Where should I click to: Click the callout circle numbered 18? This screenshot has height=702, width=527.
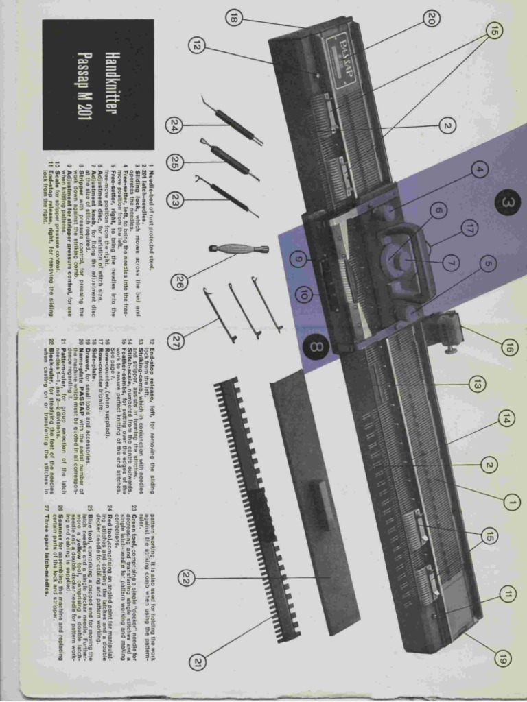tap(234, 19)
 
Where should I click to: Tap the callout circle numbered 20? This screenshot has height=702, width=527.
tap(430, 19)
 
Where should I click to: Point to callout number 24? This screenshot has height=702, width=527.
tap(174, 125)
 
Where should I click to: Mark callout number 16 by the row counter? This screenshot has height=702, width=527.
tap(507, 348)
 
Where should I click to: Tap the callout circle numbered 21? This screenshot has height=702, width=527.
tap(198, 662)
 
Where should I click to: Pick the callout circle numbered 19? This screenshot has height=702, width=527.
tap(503, 660)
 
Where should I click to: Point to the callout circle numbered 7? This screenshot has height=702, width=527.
tap(450, 261)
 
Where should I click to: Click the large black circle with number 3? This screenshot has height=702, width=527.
tap(507, 203)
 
